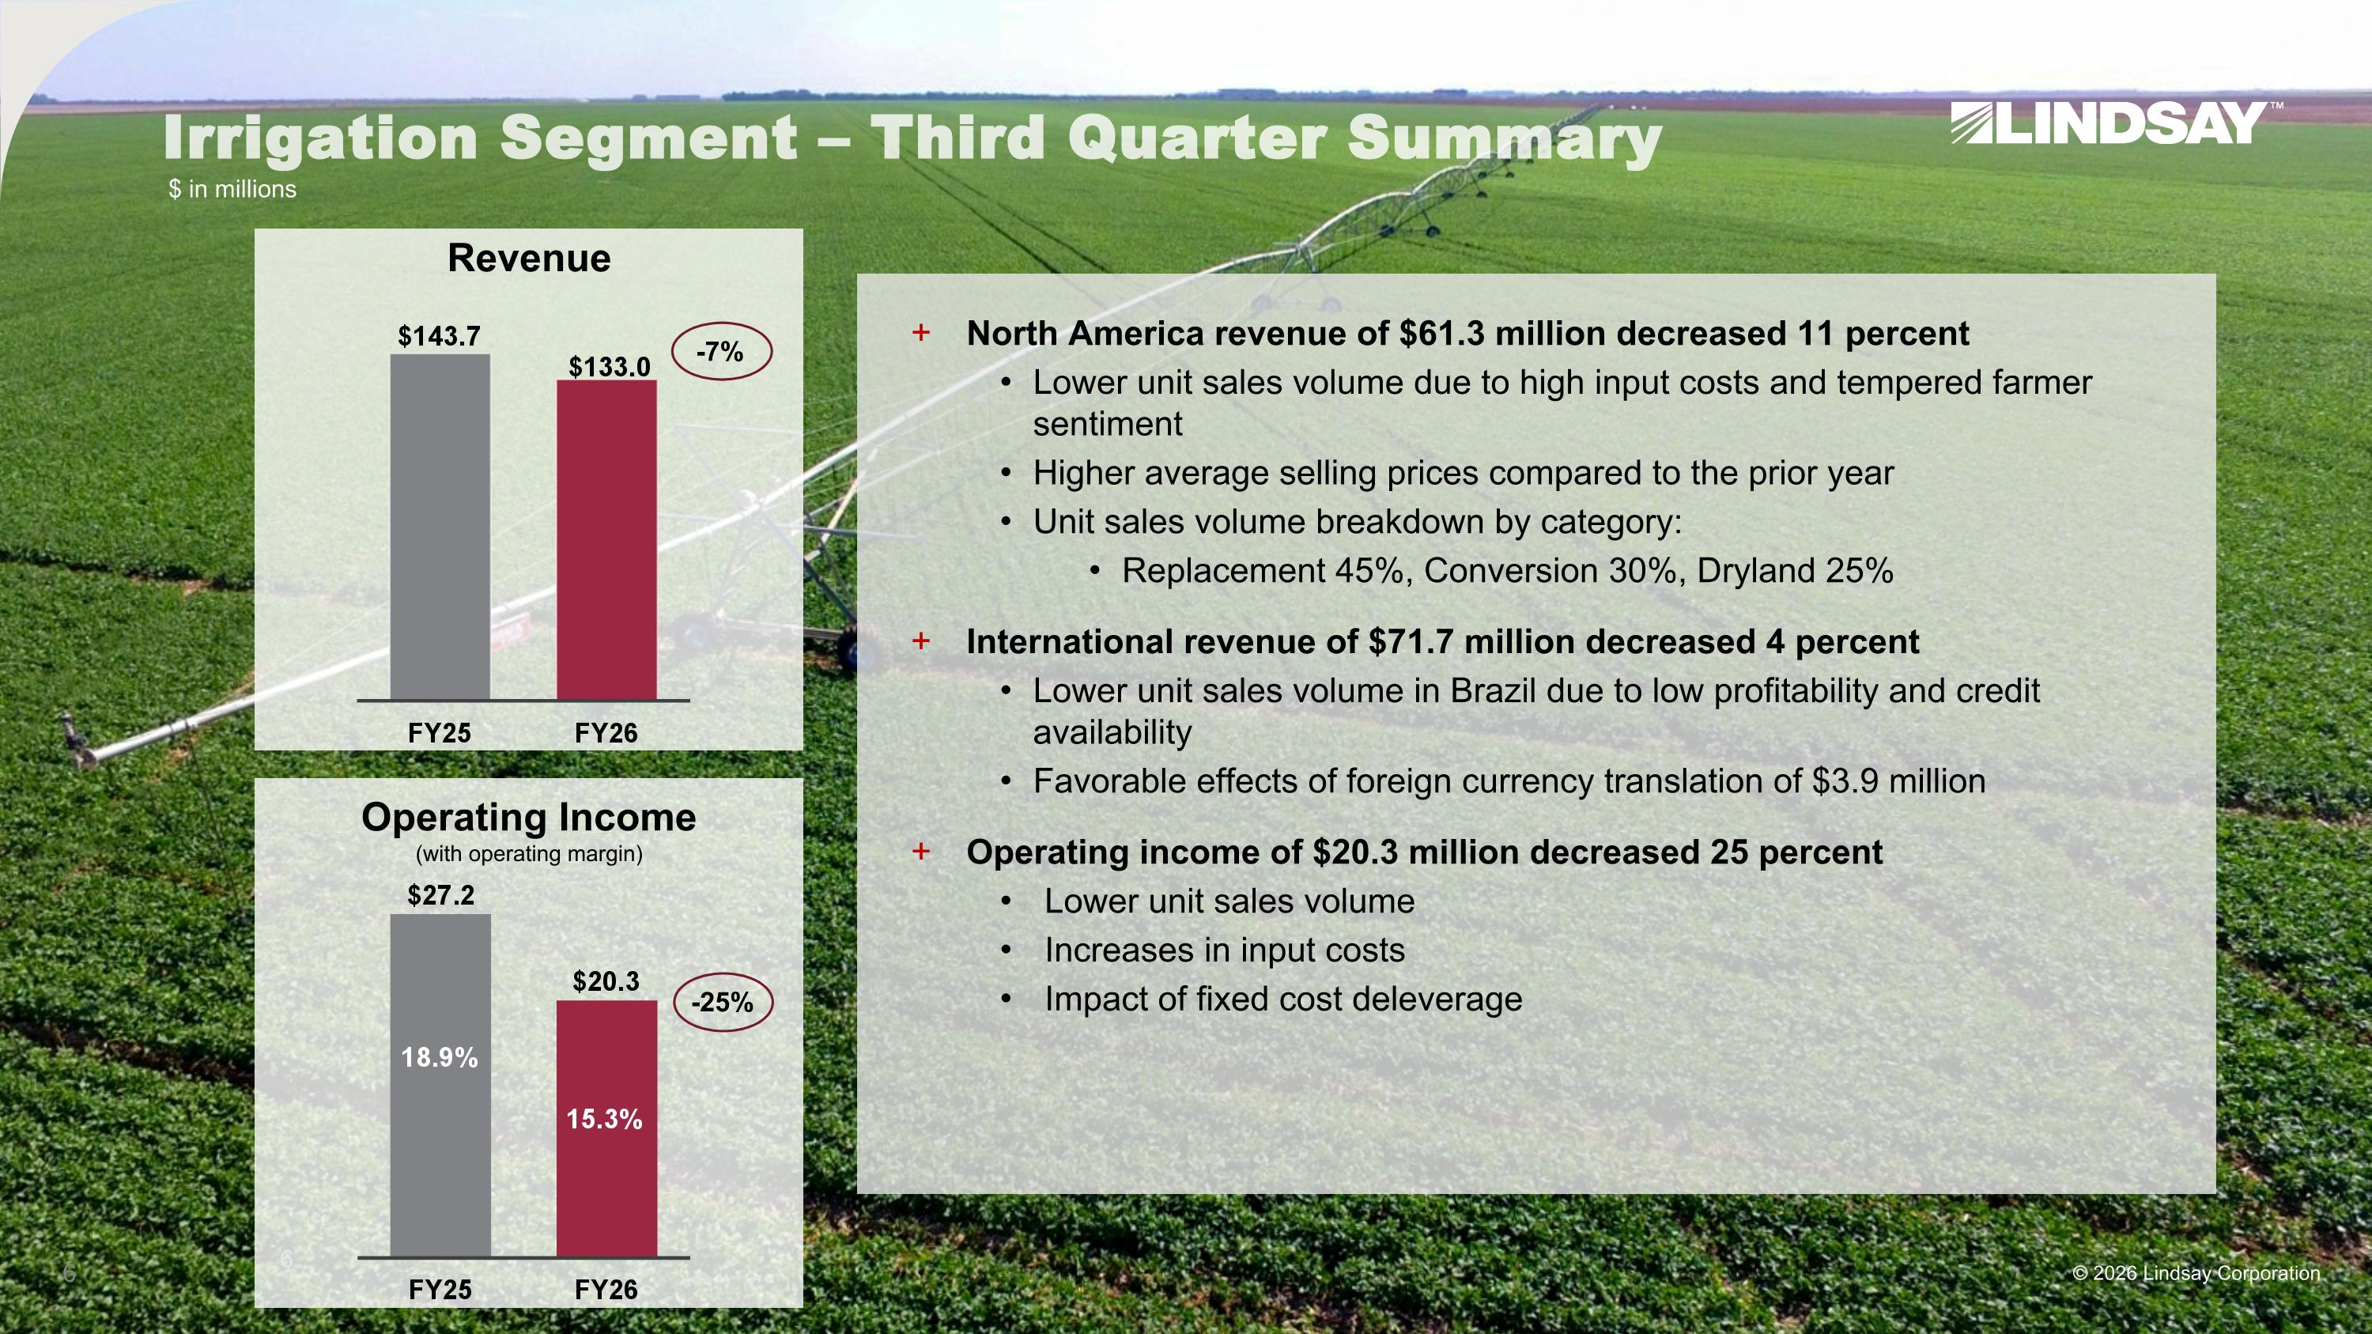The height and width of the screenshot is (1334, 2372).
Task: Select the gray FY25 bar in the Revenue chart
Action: click(440, 527)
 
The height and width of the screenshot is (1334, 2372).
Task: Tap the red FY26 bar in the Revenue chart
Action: click(606, 540)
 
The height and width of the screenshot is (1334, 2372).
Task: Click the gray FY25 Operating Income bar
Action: click(440, 1086)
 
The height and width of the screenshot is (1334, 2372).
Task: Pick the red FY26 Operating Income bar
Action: click(606, 1128)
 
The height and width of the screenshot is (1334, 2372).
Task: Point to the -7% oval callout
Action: click(722, 351)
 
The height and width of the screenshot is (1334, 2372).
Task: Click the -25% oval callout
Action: click(723, 1002)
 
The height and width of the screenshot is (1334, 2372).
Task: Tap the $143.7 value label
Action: click(440, 336)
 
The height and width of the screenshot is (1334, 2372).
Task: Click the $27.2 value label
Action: click(441, 895)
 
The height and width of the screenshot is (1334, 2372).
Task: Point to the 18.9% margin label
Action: click(440, 1057)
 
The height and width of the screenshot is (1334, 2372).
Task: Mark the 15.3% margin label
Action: click(604, 1119)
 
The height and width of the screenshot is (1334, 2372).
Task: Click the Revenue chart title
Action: click(528, 258)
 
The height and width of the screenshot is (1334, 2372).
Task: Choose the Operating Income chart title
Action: click(528, 818)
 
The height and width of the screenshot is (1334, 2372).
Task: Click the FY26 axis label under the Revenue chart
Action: click(606, 733)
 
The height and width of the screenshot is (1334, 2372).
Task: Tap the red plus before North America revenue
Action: click(921, 332)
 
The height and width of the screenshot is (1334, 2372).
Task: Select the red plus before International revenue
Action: click(921, 641)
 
